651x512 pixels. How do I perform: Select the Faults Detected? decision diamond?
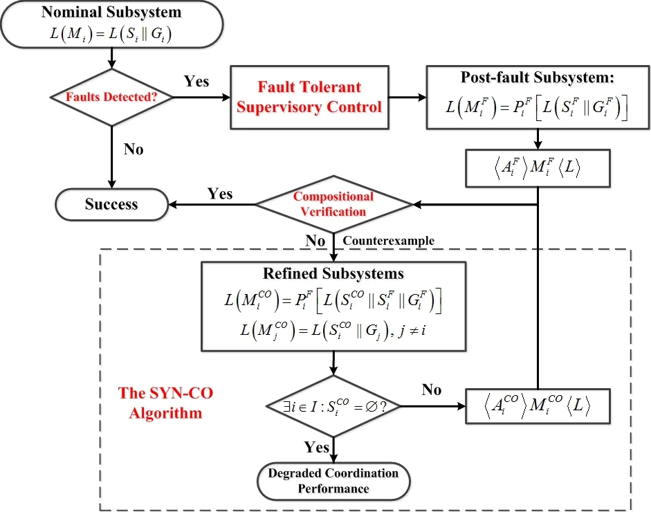[x=111, y=97]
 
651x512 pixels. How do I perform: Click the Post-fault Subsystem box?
[x=538, y=97]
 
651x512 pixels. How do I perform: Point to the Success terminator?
[x=111, y=204]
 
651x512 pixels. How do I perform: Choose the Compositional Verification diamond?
[x=333, y=204]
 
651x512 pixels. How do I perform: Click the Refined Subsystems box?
[x=333, y=307]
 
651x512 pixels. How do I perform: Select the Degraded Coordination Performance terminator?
[x=333, y=481]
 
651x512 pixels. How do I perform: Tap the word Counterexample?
[x=389, y=241]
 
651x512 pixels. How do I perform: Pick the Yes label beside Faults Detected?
[x=196, y=82]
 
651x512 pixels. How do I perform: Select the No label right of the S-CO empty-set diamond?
[x=431, y=390]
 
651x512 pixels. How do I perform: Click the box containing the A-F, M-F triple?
[x=538, y=167]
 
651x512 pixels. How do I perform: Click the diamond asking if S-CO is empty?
[x=333, y=406]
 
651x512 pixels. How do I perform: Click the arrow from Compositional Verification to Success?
[x=211, y=204]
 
